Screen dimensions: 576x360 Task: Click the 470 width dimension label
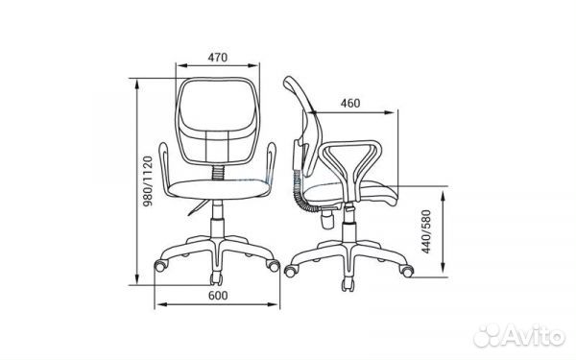pos(218,58)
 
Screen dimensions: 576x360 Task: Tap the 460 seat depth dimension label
pos(350,104)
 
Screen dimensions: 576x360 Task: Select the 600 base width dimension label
pos(218,296)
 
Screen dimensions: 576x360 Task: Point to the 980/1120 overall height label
pos(148,180)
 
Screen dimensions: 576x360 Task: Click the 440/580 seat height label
pos(426,231)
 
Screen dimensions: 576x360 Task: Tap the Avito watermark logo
pos(519,335)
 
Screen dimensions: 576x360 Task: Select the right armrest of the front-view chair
pos(271,168)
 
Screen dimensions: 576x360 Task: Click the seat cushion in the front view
pos(218,189)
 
